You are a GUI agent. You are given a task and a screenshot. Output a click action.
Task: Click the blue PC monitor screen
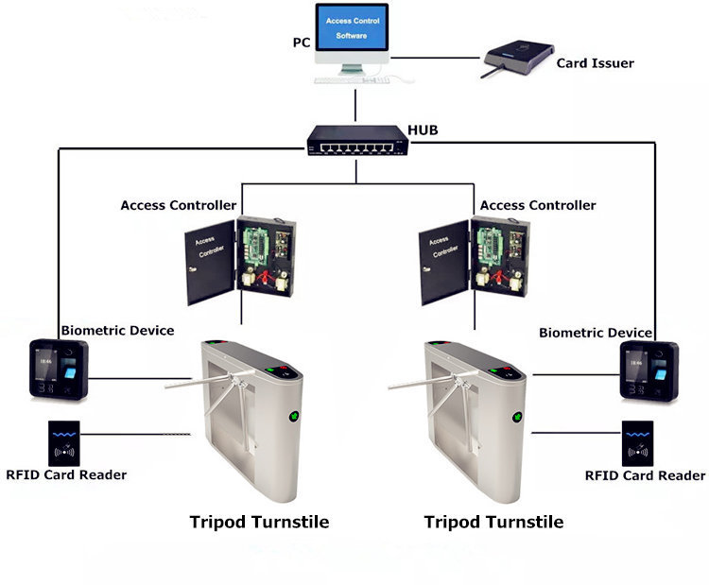click(x=352, y=27)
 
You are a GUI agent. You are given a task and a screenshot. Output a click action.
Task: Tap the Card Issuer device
click(x=518, y=59)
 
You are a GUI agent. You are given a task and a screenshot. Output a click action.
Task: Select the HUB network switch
click(x=357, y=141)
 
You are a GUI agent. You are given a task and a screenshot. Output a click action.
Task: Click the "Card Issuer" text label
click(x=595, y=62)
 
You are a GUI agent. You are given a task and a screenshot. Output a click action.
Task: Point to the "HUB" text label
click(x=423, y=130)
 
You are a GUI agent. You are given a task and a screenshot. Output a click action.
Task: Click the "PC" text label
click(x=302, y=43)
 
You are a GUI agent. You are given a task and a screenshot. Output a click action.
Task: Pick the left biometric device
click(x=59, y=370)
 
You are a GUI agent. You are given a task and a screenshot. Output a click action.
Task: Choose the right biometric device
click(x=648, y=371)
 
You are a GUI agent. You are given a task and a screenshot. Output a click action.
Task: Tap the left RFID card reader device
click(x=64, y=443)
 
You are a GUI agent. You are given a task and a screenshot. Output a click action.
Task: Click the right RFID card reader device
click(x=637, y=443)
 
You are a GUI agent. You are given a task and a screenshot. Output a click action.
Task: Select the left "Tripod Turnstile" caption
click(x=259, y=523)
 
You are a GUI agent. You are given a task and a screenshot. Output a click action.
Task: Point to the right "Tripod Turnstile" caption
click(x=493, y=523)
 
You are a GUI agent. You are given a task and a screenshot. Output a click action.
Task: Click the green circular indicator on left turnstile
click(x=294, y=416)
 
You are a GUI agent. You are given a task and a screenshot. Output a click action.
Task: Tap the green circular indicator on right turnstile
click(x=518, y=418)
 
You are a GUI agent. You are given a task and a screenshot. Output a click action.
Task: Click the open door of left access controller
click(x=210, y=262)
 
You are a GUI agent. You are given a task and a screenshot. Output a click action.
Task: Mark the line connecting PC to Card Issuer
click(x=435, y=58)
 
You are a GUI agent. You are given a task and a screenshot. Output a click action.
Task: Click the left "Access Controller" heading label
click(x=179, y=205)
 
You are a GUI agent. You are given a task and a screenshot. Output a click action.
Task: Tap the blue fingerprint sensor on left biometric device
click(x=70, y=373)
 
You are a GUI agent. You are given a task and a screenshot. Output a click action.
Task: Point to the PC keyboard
click(x=352, y=80)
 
